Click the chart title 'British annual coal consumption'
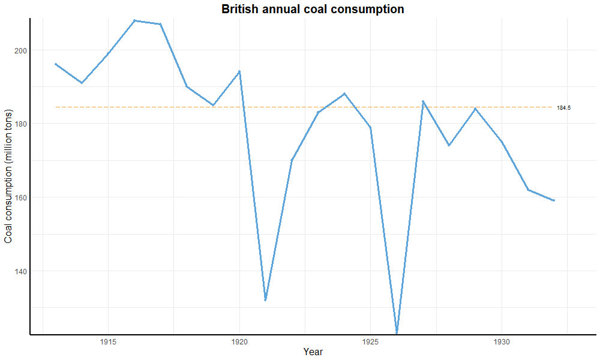[313, 10]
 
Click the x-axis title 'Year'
[313, 352]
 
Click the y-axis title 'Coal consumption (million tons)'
[8, 176]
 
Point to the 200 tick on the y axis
[20, 50]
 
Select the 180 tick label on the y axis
[20, 124]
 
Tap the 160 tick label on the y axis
[20, 197]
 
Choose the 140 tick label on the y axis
[20, 271]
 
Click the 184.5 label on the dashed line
[563, 108]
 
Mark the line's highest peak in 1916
[134, 20]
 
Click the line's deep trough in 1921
[265, 300]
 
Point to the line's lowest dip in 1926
[397, 332]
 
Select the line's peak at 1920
[239, 71]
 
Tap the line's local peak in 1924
[344, 94]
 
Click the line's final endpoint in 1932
[554, 200]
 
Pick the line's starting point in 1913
[56, 64]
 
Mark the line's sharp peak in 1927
[423, 101]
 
